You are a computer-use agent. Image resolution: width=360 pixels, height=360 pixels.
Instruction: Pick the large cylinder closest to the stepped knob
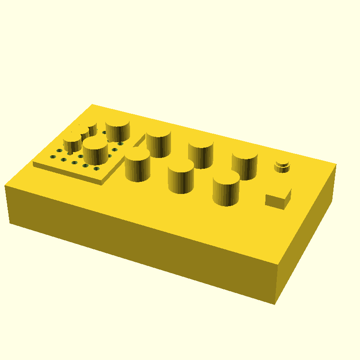click(x=245, y=165)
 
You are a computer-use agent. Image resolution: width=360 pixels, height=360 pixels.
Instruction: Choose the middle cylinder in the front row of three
click(x=181, y=176)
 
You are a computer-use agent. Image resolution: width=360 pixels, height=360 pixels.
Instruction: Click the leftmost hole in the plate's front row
click(x=53, y=157)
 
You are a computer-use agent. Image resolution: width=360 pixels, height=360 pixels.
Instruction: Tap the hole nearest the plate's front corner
click(x=96, y=169)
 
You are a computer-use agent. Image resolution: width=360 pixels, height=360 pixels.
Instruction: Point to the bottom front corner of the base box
click(x=274, y=304)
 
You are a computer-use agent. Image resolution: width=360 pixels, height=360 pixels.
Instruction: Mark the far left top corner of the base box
click(x=92, y=104)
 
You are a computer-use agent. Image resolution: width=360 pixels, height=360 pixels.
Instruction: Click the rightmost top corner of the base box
click(x=336, y=164)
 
